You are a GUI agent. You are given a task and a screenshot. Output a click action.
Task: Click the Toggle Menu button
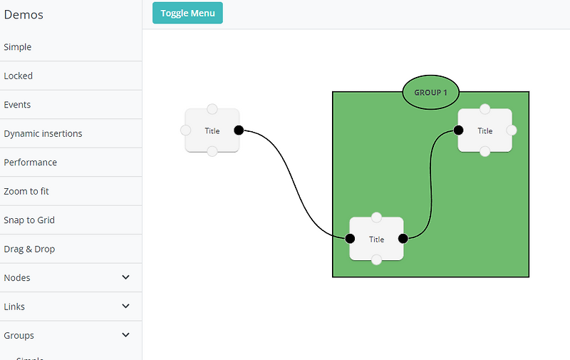(187, 13)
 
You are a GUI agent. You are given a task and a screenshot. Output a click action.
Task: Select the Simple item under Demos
(18, 47)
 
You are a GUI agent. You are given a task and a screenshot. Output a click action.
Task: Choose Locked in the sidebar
(19, 76)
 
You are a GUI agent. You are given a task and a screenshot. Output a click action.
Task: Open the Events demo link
(17, 105)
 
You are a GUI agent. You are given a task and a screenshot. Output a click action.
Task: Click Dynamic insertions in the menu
(43, 133)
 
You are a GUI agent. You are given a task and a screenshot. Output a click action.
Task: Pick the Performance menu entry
(31, 163)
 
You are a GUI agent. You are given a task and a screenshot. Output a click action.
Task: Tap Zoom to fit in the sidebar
(26, 191)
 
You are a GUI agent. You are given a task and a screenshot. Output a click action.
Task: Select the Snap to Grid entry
(29, 220)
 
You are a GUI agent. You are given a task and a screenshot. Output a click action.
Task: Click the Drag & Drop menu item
(29, 249)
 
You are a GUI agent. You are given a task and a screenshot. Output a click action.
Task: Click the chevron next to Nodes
(126, 277)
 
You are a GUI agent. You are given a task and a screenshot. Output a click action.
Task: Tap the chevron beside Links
(126, 307)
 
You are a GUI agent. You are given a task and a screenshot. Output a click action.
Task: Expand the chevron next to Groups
(126, 335)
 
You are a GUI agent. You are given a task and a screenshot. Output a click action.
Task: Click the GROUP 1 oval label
(431, 93)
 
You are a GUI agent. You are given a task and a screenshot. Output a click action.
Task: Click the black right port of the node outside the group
(239, 130)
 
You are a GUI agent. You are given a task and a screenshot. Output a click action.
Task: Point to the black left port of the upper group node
(458, 130)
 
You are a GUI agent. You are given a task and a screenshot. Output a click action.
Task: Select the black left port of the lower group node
(350, 239)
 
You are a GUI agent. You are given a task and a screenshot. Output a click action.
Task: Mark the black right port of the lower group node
(403, 239)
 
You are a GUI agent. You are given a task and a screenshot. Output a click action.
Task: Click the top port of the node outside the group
(212, 109)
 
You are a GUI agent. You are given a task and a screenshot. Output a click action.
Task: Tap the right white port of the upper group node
(512, 130)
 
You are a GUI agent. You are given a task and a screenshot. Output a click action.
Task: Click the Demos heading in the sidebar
(24, 15)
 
